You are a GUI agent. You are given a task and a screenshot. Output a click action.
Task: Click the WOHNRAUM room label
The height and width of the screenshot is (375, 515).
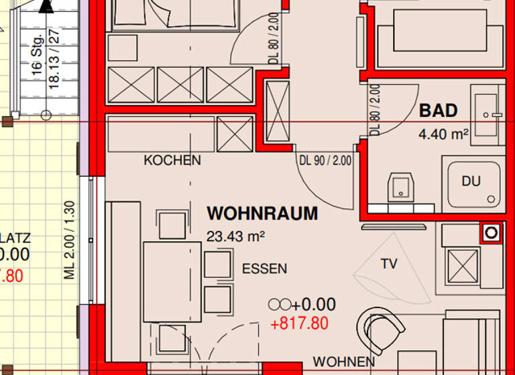[x=262, y=214]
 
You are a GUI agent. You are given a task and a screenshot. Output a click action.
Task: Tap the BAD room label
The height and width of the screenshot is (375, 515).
[x=438, y=110]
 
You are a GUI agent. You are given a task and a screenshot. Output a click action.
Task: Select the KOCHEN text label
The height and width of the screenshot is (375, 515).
[x=172, y=161]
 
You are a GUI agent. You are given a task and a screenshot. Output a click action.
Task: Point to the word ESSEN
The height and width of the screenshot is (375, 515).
[x=264, y=269]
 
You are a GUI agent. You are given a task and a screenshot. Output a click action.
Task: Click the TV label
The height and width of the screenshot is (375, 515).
[x=389, y=264]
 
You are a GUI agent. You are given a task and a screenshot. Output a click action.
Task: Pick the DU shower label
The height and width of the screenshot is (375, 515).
[x=471, y=181]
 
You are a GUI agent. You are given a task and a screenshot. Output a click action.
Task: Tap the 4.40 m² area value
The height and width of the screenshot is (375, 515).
[x=443, y=134]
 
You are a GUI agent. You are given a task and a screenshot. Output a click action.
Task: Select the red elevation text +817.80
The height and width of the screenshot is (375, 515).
[x=299, y=324]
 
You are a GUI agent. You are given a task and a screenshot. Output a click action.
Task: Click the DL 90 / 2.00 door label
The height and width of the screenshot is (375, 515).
[x=325, y=160]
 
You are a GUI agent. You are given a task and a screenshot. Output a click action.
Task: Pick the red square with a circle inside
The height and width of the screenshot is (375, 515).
[x=491, y=232]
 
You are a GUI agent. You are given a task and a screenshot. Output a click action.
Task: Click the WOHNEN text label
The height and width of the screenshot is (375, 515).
[x=343, y=362]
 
